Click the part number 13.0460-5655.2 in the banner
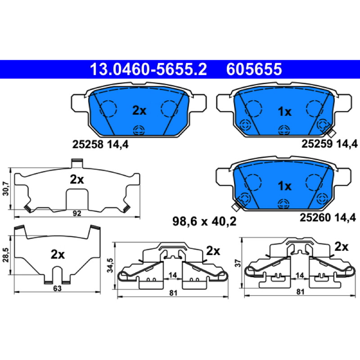point(148,69)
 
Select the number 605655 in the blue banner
point(254,69)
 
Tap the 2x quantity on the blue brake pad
point(139,111)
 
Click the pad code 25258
point(87,144)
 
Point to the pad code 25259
point(317,144)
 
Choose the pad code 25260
point(315,217)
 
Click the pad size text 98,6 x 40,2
point(204,221)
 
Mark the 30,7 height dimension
point(6,189)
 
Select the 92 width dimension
point(77,213)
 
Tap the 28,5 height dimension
point(6,255)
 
